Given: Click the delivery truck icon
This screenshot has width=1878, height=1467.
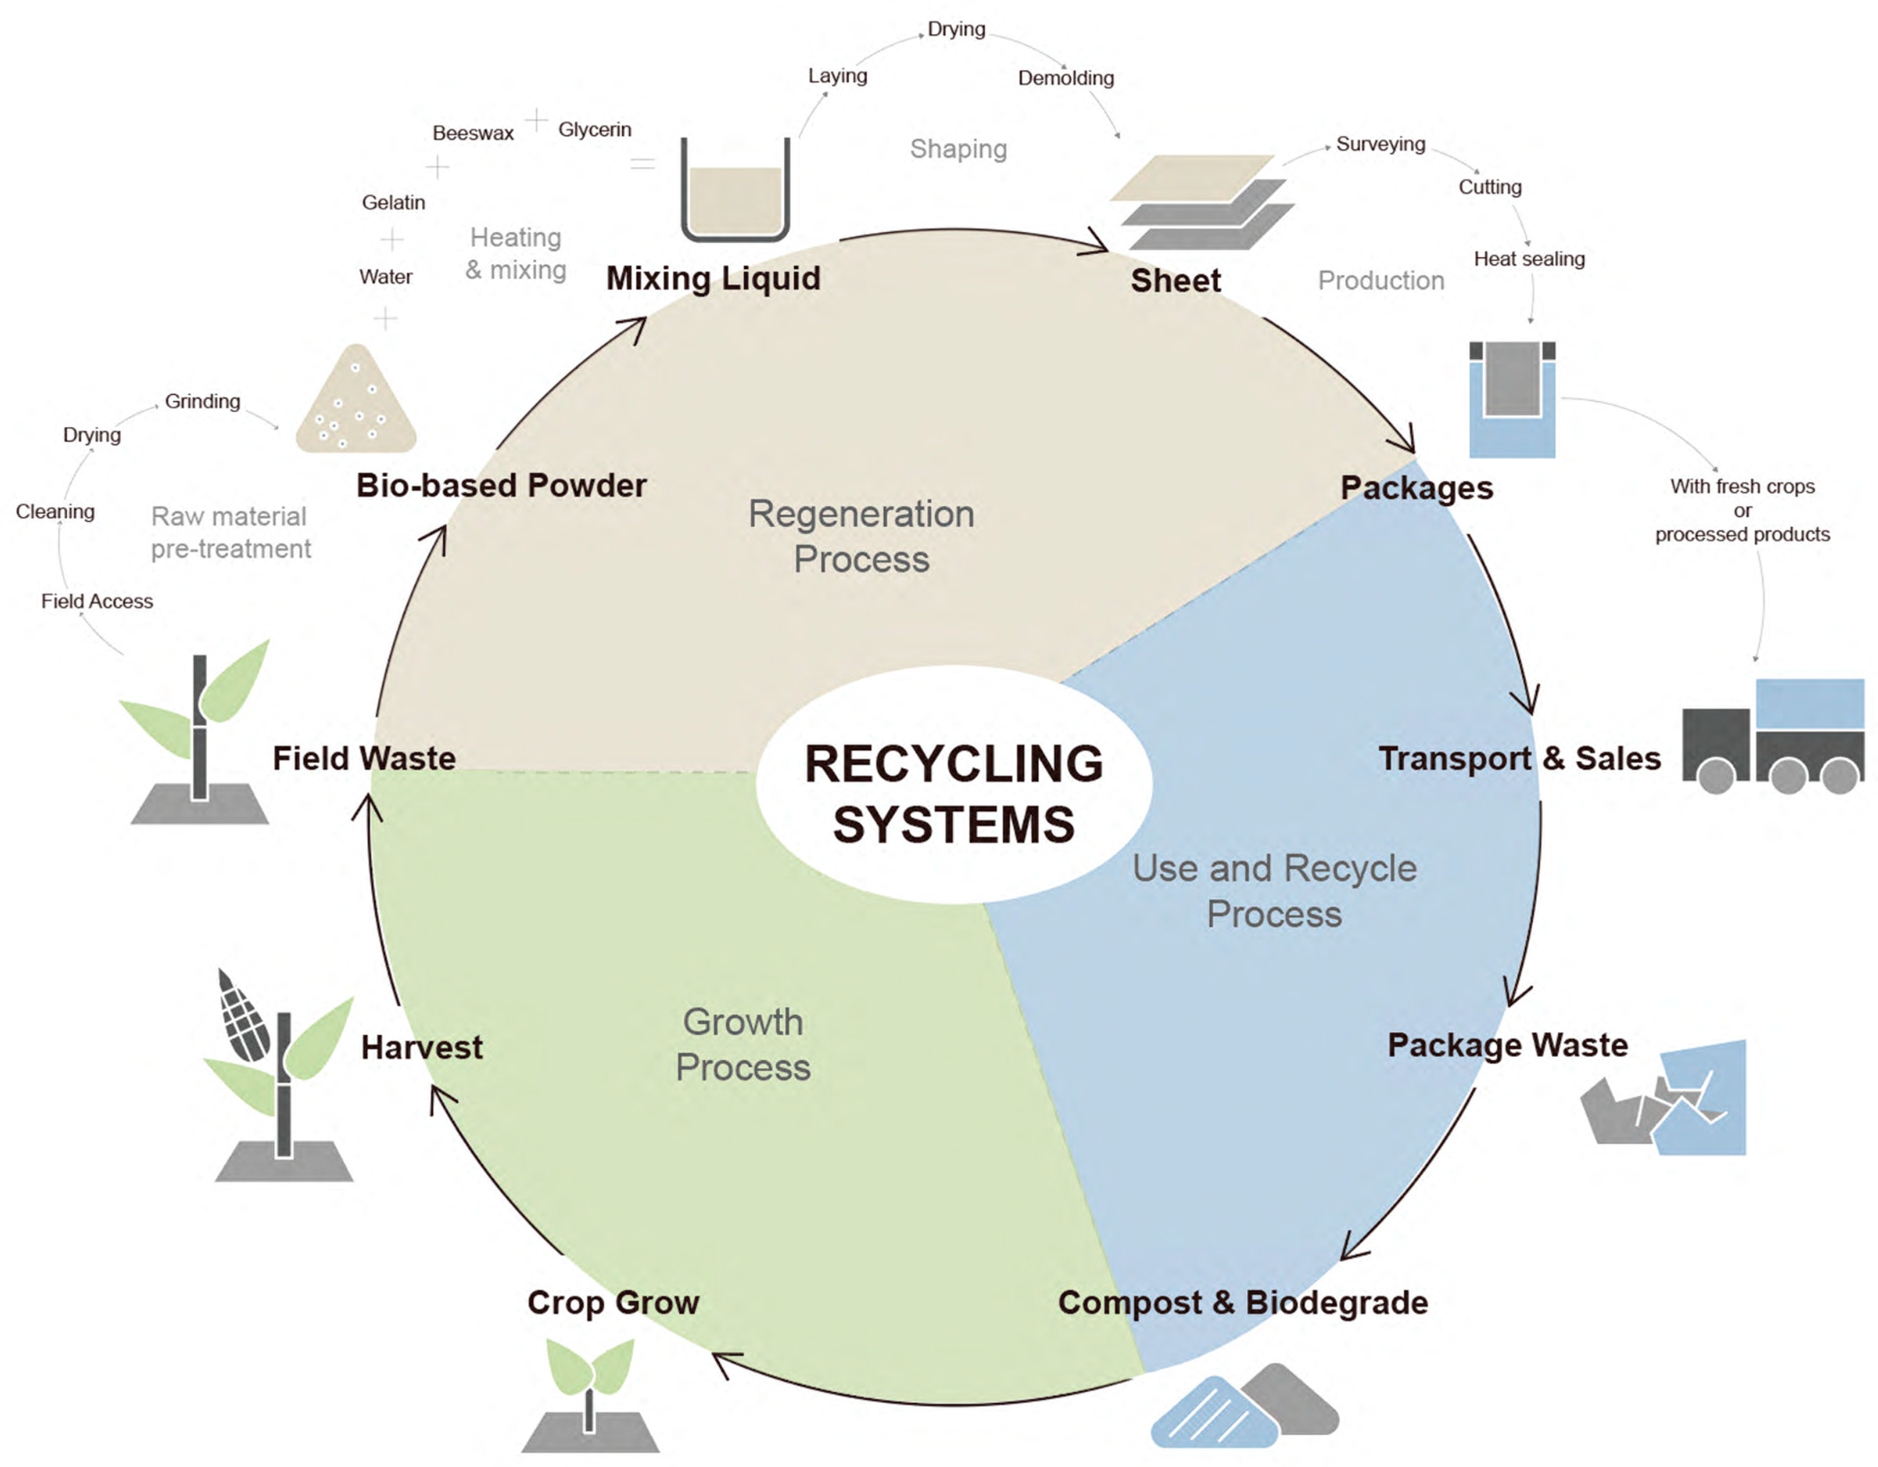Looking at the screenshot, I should [1773, 738].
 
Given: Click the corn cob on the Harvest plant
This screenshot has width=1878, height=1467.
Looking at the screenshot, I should [244, 1019].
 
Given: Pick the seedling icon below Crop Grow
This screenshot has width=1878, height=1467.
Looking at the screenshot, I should [590, 1393].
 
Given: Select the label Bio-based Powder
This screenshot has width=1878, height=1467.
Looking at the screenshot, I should [501, 486].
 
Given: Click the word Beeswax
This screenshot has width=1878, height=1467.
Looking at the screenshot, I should [473, 133].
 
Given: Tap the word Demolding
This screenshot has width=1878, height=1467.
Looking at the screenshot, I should [1065, 78].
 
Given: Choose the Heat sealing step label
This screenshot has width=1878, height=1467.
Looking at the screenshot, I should [1529, 259].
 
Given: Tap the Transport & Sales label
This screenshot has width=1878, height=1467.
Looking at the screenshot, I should [1519, 758].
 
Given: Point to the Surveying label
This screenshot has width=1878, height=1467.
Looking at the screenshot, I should [1380, 144].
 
